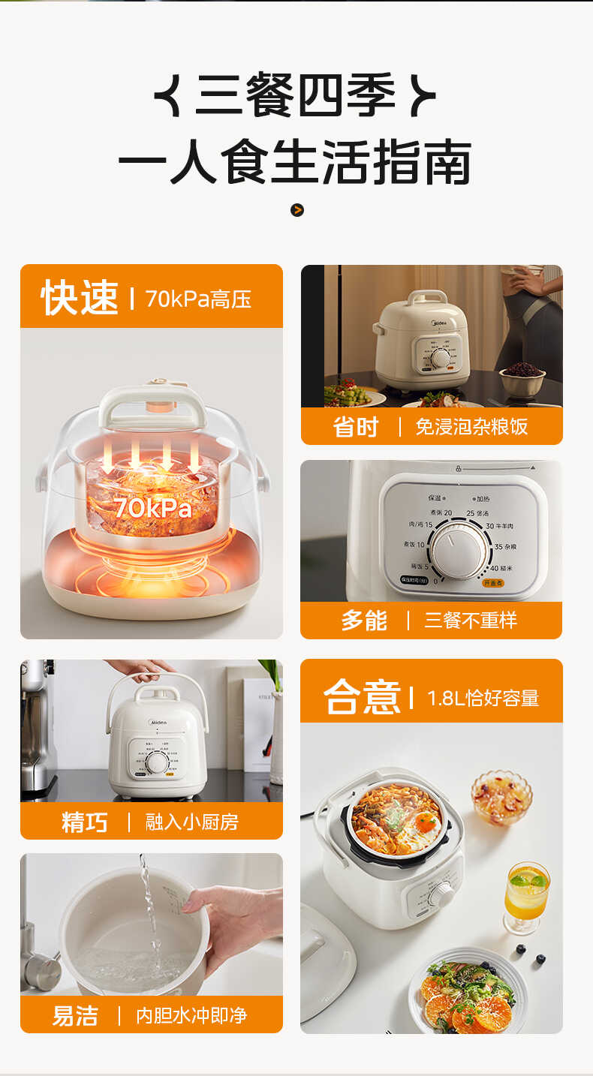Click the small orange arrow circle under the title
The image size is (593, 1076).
[297, 210]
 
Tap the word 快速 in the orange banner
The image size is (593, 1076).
[80, 298]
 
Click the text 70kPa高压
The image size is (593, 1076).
[198, 299]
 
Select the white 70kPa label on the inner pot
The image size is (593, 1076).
[152, 508]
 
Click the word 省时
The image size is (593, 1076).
[356, 427]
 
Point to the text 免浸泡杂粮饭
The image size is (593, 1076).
[471, 427]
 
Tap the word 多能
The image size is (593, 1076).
[364, 621]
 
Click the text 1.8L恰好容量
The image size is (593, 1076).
[483, 699]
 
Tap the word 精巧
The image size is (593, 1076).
[85, 822]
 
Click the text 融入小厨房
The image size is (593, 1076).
[191, 822]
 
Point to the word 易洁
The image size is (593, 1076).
[75, 1016]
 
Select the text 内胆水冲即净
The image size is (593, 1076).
[191, 1016]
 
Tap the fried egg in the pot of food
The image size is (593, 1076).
[425, 822]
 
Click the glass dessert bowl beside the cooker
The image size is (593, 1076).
[501, 796]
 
